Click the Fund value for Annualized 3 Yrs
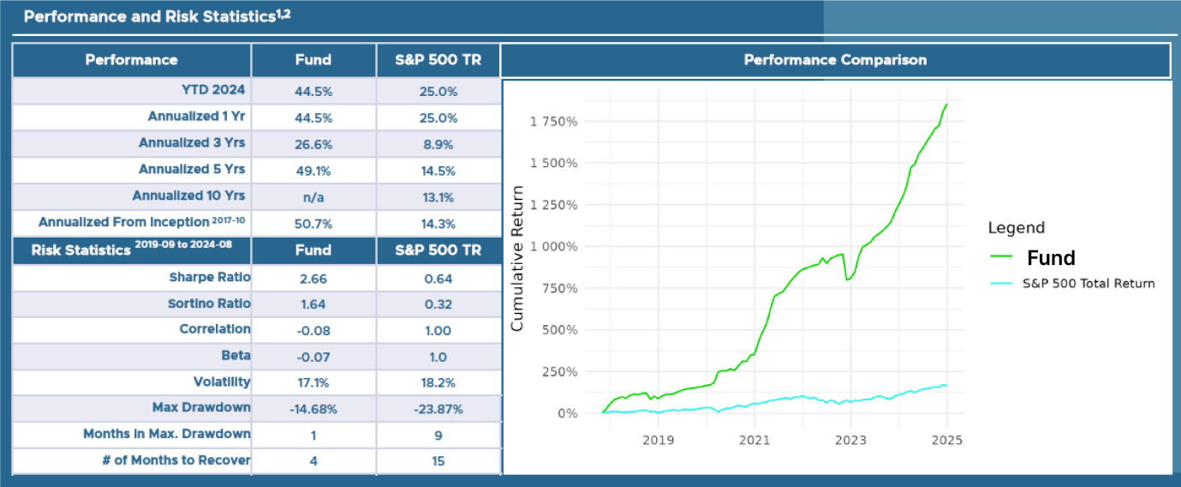point(313,144)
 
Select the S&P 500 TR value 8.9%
point(438,144)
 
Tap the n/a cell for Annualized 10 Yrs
point(313,196)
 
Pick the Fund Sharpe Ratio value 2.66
point(313,278)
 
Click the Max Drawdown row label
point(201,407)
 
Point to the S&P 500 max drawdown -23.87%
point(438,408)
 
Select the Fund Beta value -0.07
point(313,356)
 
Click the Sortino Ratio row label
point(209,304)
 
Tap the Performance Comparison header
point(835,60)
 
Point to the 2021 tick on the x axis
point(754,441)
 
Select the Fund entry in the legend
point(1051,258)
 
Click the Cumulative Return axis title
point(517,272)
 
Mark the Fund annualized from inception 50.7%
point(313,223)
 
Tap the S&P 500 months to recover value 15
point(438,460)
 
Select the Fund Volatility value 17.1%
point(313,382)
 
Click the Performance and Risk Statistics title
point(157,18)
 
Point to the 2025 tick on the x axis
point(946,441)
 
